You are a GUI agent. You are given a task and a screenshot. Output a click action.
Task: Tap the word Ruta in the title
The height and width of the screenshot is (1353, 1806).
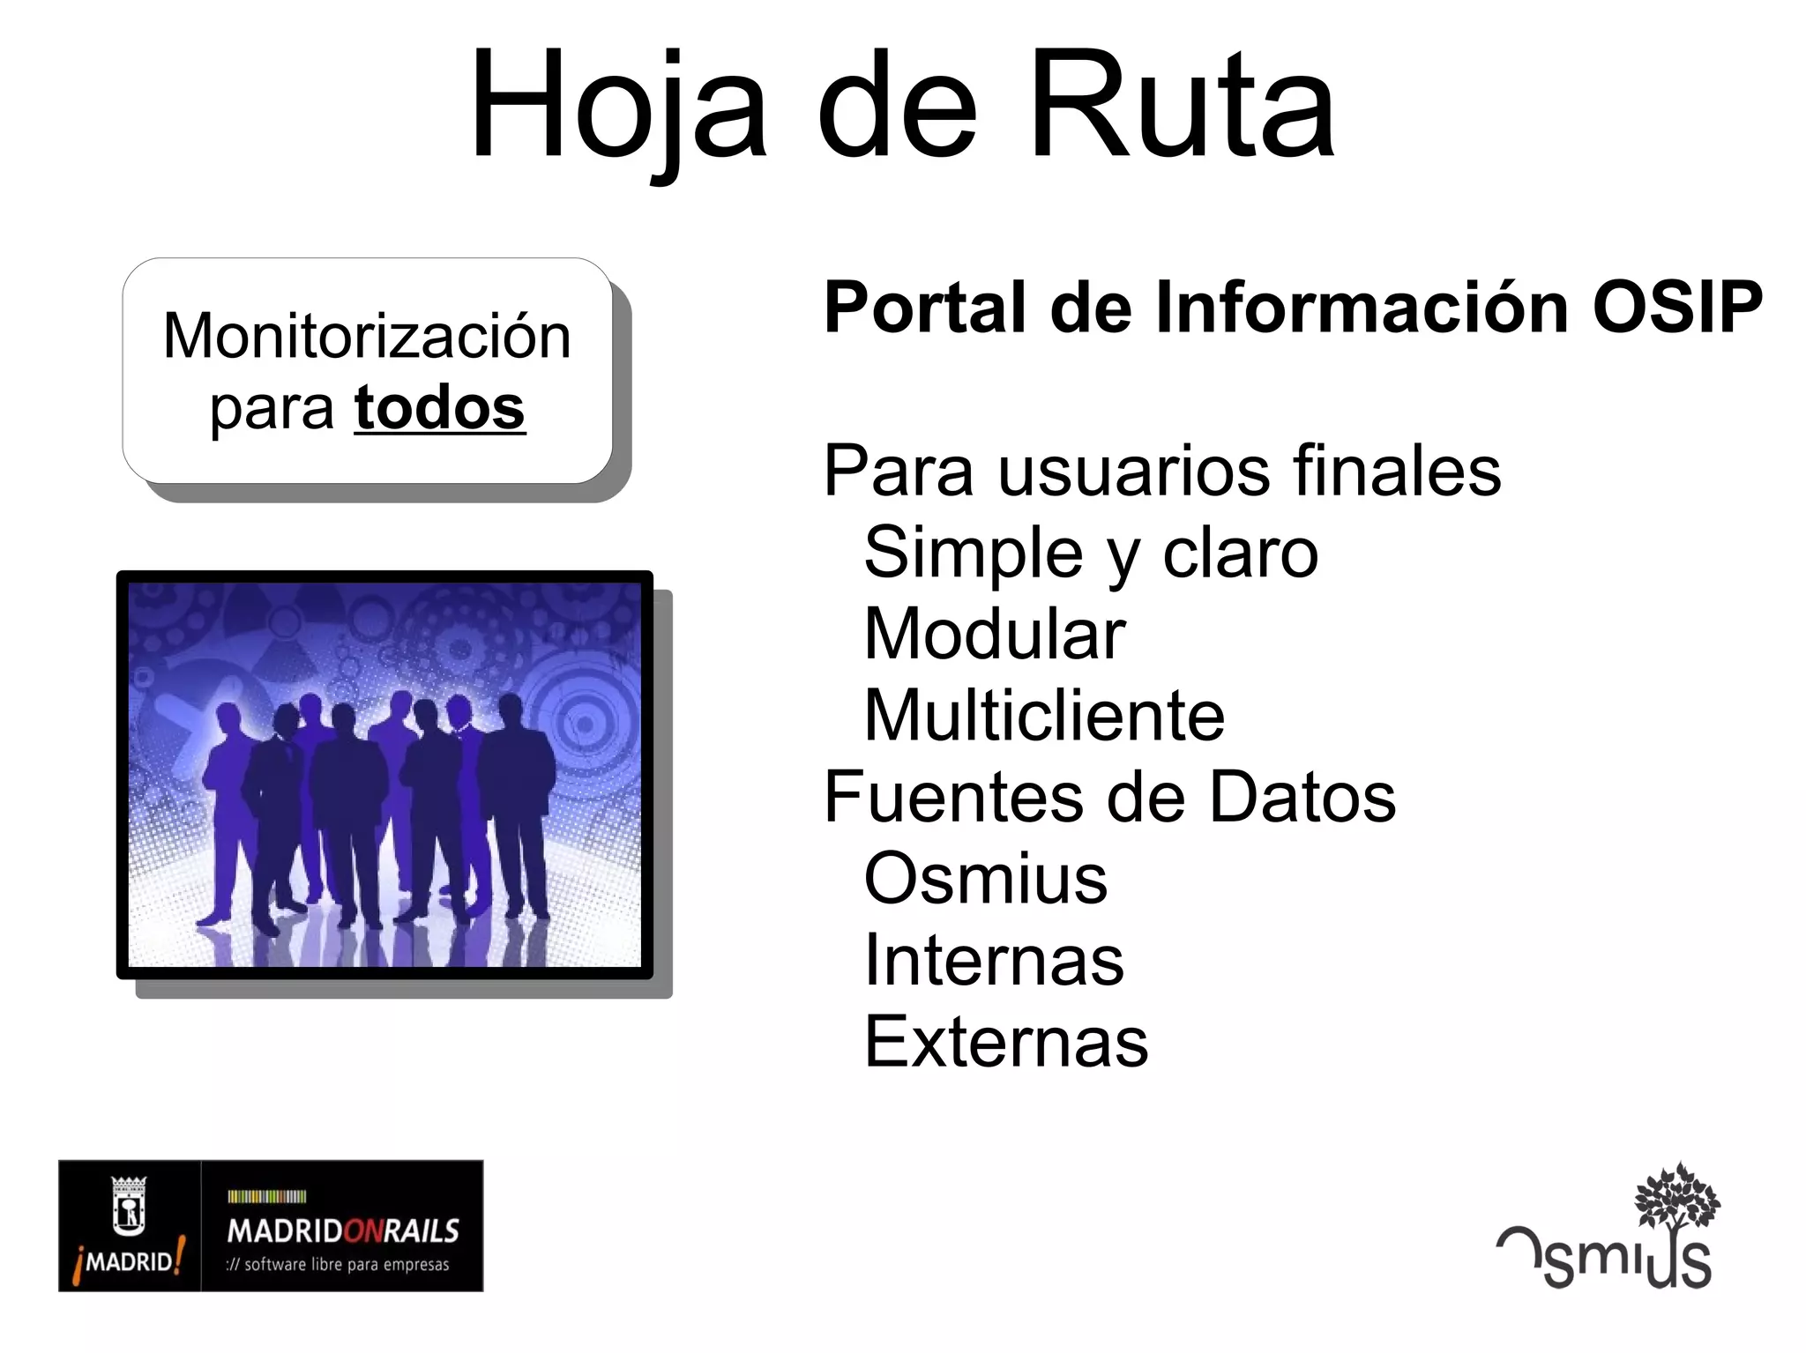(1182, 106)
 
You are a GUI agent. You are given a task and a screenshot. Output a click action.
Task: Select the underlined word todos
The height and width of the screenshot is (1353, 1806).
(439, 407)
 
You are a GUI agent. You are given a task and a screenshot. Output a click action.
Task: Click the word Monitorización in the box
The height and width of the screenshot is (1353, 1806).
(367, 337)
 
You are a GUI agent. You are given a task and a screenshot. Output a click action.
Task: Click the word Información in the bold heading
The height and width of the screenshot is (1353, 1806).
(1364, 307)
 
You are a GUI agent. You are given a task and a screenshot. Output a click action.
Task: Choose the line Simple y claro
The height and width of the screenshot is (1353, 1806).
(1091, 553)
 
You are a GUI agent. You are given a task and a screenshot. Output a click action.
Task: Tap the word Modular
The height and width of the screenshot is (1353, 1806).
(995, 634)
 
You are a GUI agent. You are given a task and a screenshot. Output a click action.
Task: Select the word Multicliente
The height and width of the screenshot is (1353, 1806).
(1044, 715)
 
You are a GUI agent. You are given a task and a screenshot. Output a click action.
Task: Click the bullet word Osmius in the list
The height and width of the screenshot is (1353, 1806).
(985, 878)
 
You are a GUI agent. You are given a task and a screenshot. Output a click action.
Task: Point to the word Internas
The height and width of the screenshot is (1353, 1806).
(994, 959)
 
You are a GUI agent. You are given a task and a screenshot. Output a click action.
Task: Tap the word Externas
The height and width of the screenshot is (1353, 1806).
(1006, 1041)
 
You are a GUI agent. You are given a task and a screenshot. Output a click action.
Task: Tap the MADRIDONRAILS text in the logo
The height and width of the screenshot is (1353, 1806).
(343, 1230)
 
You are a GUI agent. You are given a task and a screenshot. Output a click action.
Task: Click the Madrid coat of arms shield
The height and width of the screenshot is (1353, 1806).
(129, 1205)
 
